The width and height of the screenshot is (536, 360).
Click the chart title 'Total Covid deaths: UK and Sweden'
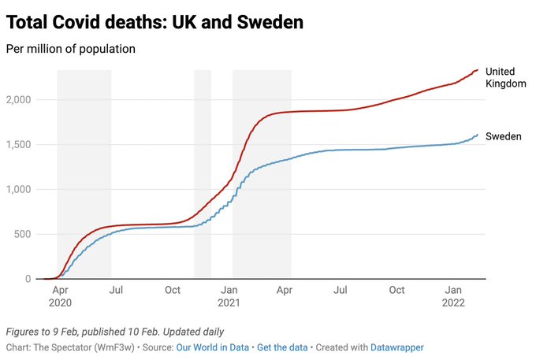coord(154,22)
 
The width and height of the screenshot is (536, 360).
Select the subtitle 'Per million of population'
coord(71,49)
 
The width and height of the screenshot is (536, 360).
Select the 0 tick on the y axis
coord(28,279)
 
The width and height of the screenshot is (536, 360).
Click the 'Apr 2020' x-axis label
coord(60,296)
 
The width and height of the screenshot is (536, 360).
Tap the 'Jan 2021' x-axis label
coord(229,296)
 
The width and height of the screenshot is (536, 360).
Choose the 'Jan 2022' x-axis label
coord(452,296)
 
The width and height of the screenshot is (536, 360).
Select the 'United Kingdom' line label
coord(505,77)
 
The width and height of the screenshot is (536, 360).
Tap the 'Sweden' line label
coord(503,136)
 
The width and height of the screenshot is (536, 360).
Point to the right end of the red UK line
coord(478,70)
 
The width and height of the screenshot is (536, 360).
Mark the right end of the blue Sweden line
coord(478,135)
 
